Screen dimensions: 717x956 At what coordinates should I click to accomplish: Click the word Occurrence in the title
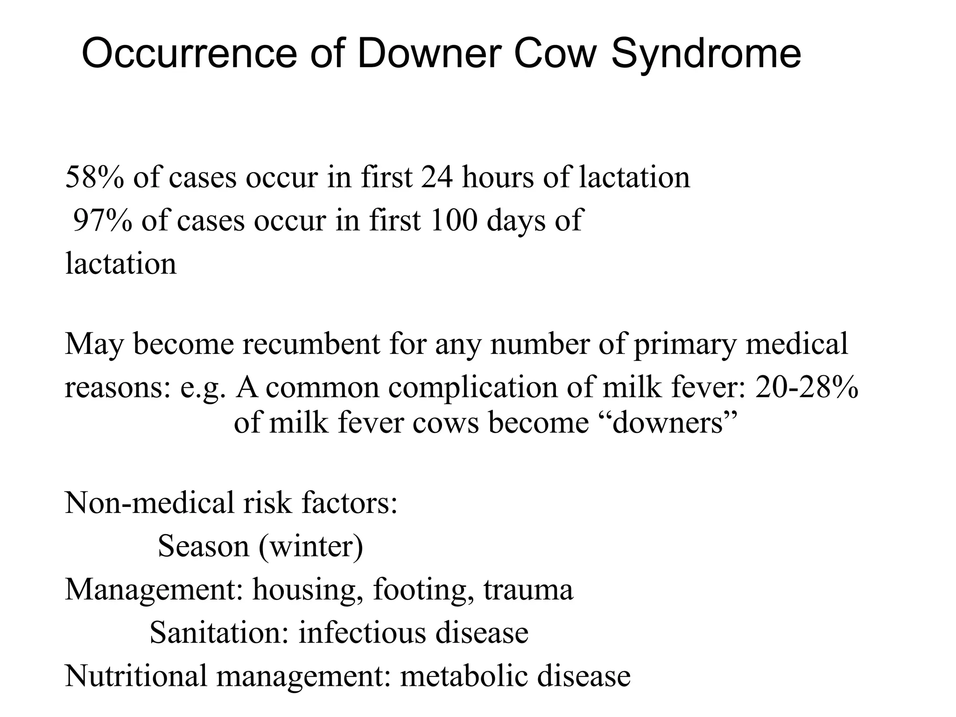point(189,54)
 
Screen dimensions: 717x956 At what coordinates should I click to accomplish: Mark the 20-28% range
point(806,387)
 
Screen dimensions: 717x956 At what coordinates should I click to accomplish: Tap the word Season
point(204,546)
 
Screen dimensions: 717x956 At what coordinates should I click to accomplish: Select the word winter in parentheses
point(311,546)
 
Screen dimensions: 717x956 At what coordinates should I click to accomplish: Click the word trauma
point(528,590)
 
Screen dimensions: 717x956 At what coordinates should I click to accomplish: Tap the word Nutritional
point(136,676)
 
